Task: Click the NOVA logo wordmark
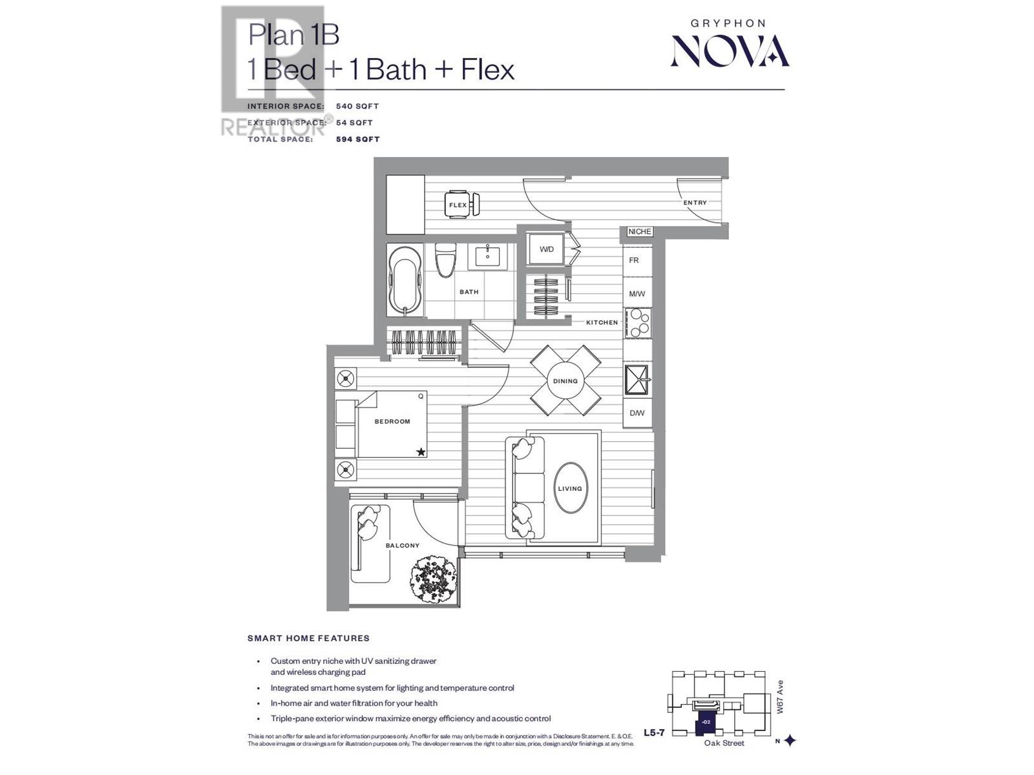click(x=730, y=51)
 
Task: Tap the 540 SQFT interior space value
click(x=357, y=106)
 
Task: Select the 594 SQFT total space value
click(x=357, y=139)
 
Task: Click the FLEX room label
click(x=458, y=205)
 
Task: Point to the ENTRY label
click(x=695, y=202)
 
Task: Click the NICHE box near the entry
click(x=639, y=231)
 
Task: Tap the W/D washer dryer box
click(x=546, y=249)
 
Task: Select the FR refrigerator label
click(x=634, y=260)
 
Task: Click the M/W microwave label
click(x=637, y=294)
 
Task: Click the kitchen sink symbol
click(x=637, y=379)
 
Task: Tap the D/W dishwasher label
click(x=637, y=413)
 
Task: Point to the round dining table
click(x=565, y=380)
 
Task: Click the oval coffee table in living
click(x=569, y=488)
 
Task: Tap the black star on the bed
click(x=421, y=452)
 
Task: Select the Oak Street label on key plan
click(x=724, y=743)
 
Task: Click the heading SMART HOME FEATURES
click(x=308, y=638)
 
